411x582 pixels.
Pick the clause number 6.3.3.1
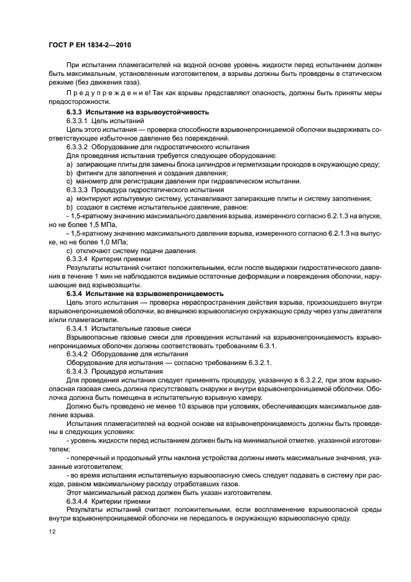pyautogui.click(x=78, y=121)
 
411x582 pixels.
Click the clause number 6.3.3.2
pyautogui.click(x=78, y=147)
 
